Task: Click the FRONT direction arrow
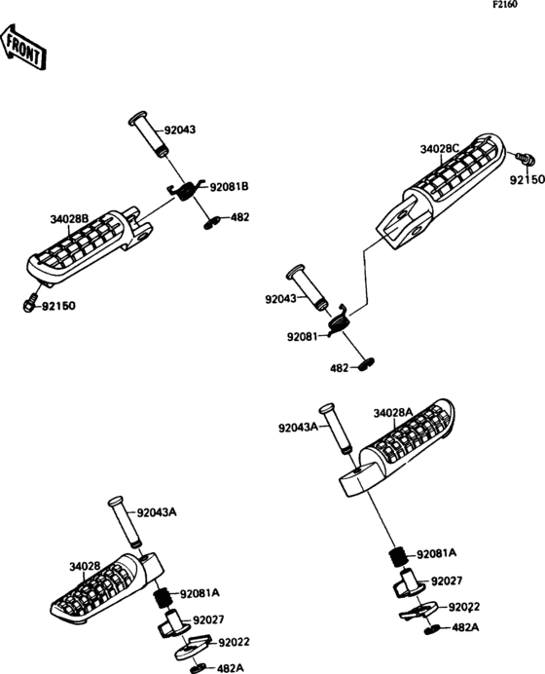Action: [23, 47]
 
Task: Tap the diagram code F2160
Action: [505, 5]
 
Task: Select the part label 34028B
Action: [69, 219]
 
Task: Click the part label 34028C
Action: [439, 149]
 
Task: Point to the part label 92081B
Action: [229, 187]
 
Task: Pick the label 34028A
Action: [393, 413]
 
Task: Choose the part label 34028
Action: [85, 567]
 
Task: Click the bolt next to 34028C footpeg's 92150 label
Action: [526, 160]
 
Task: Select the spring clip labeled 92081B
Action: [186, 190]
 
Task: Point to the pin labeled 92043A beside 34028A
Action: [337, 428]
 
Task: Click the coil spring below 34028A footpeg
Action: [399, 557]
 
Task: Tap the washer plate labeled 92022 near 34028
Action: [193, 646]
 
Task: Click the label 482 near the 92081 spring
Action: [340, 368]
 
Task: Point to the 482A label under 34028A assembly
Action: [465, 627]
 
